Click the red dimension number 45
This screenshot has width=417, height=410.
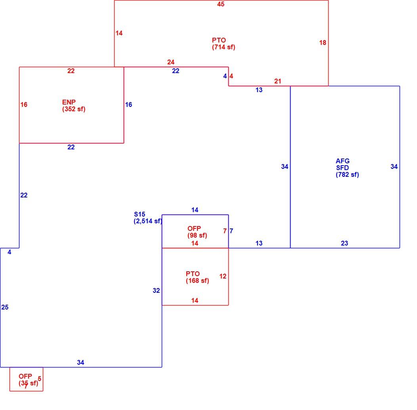pos(221,4)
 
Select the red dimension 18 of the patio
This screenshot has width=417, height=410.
pos(323,43)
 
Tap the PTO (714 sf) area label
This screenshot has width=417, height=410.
pos(224,44)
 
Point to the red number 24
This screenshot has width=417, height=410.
pos(171,62)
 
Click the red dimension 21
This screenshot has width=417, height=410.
pos(277,81)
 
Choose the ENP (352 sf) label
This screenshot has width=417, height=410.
pos(74,106)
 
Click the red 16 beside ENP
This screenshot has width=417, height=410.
pos(24,105)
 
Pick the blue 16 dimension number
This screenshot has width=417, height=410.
pos(128,105)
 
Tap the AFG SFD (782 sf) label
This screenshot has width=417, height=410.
pos(347,168)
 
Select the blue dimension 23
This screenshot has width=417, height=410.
pos(344,244)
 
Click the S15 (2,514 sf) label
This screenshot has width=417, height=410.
pos(148,218)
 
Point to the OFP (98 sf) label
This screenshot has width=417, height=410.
pos(197,232)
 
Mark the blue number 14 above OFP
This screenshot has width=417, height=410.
pos(195,210)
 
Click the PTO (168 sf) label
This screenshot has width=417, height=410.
pos(197,277)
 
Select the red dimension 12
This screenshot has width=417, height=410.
pos(223,277)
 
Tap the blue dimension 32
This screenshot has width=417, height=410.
pos(156,290)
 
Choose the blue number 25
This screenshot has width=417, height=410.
pos(5,307)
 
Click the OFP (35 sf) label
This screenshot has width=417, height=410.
pos(28,380)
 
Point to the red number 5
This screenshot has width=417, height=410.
pos(39,379)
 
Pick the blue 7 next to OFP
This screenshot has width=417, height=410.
pos(231,231)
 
